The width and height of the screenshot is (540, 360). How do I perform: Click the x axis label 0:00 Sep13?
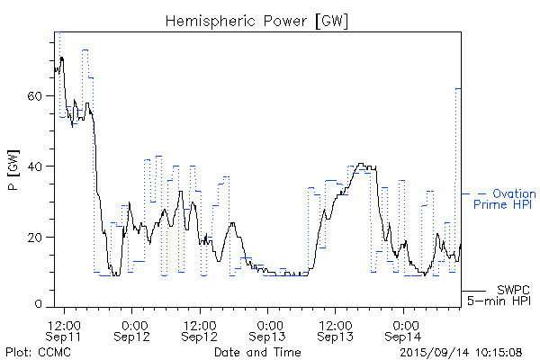267,330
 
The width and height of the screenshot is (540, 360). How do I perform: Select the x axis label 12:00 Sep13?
335,330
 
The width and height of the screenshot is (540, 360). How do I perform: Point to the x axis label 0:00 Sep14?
402,330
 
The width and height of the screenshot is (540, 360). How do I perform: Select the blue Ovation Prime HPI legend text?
510,199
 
